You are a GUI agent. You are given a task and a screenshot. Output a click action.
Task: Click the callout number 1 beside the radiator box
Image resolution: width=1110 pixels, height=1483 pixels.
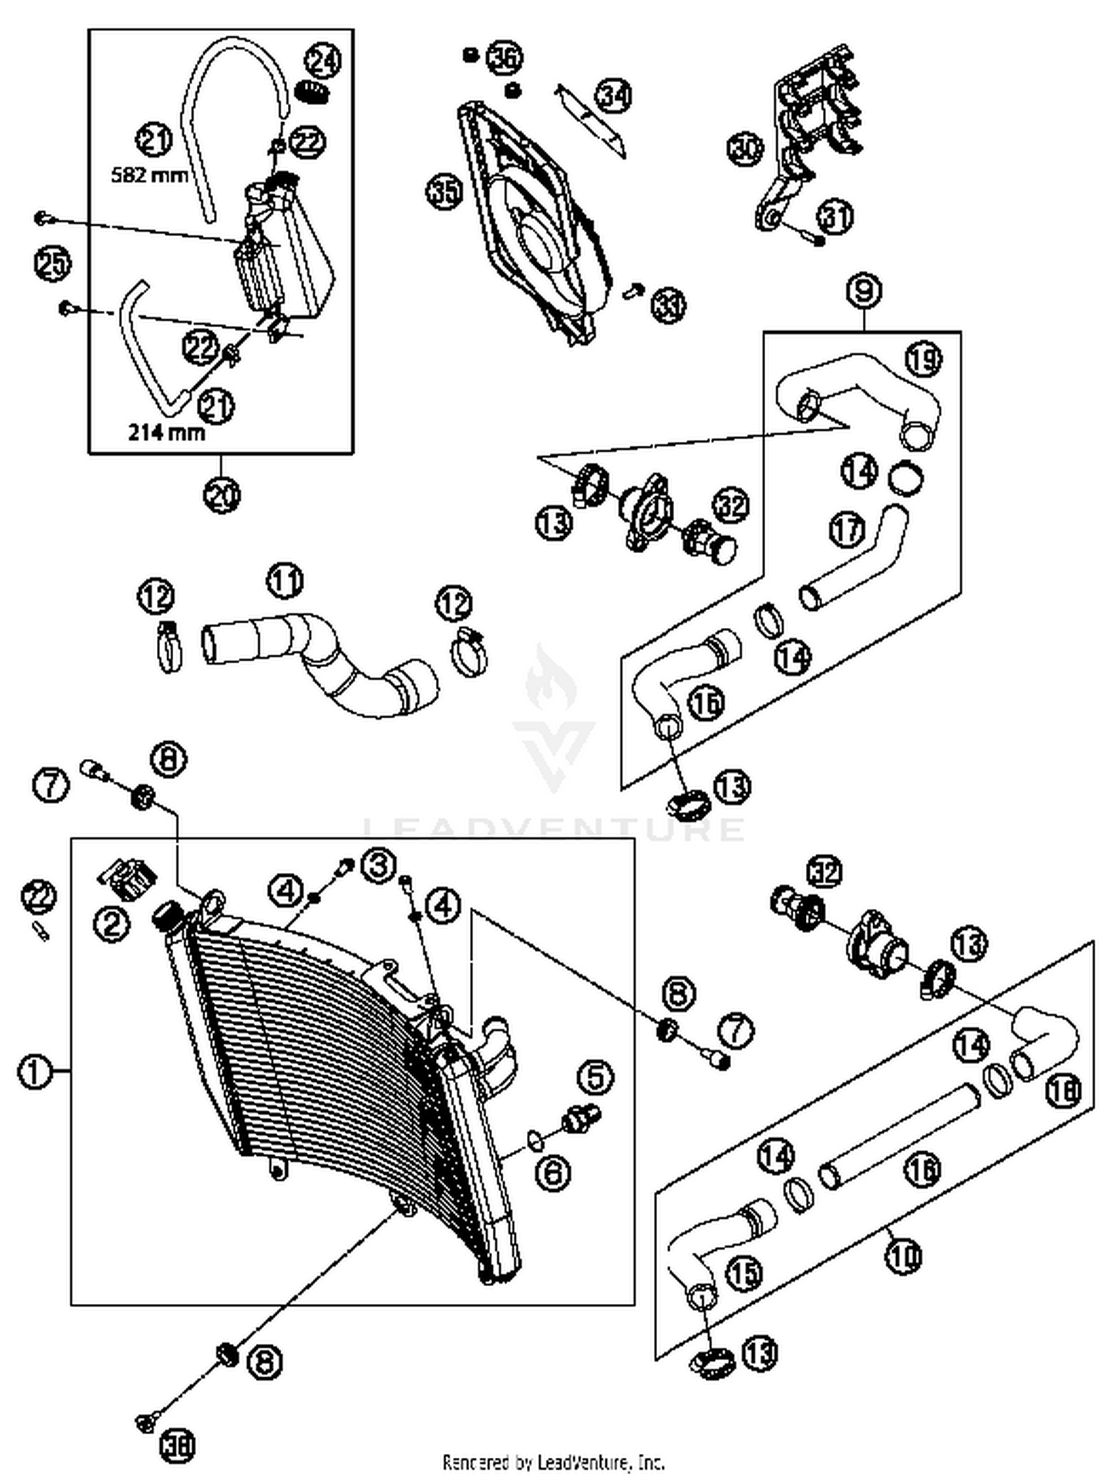pyautogui.click(x=34, y=1071)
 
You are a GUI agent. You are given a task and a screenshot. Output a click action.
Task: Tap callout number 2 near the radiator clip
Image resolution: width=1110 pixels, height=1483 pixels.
pyautogui.click(x=111, y=923)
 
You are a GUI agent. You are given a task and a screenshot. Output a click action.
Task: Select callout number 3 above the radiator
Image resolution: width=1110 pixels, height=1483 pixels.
pyautogui.click(x=377, y=865)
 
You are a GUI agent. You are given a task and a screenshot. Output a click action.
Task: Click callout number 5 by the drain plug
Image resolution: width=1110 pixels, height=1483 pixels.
pyautogui.click(x=596, y=1077)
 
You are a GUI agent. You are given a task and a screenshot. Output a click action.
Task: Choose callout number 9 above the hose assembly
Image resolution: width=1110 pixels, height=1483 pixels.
pyautogui.click(x=864, y=291)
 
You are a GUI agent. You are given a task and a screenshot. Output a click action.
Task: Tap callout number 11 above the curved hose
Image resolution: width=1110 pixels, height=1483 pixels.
pyautogui.click(x=285, y=580)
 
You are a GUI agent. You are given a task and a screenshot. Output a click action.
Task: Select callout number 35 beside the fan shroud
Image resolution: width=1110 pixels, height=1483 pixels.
pyautogui.click(x=444, y=193)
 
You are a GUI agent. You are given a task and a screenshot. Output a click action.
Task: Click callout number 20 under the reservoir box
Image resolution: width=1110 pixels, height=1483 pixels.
pyautogui.click(x=222, y=495)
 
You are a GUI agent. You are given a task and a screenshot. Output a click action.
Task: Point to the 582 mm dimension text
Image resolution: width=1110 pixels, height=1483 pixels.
pyautogui.click(x=149, y=175)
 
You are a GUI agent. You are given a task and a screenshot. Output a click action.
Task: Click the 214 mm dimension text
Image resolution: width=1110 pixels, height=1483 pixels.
pyautogui.click(x=166, y=431)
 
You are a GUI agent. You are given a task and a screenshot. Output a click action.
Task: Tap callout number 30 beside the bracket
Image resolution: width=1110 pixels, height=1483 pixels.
pyautogui.click(x=744, y=148)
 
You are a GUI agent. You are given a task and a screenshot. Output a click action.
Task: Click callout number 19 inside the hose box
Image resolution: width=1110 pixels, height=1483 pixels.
pyautogui.click(x=924, y=359)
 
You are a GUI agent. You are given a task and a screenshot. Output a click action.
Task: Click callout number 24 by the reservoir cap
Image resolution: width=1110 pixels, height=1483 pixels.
pyautogui.click(x=323, y=61)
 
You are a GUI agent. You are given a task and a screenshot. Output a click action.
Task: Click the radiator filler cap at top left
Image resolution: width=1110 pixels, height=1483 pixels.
pyautogui.click(x=167, y=917)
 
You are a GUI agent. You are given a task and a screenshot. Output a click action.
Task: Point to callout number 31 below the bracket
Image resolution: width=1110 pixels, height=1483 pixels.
pyautogui.click(x=835, y=216)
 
